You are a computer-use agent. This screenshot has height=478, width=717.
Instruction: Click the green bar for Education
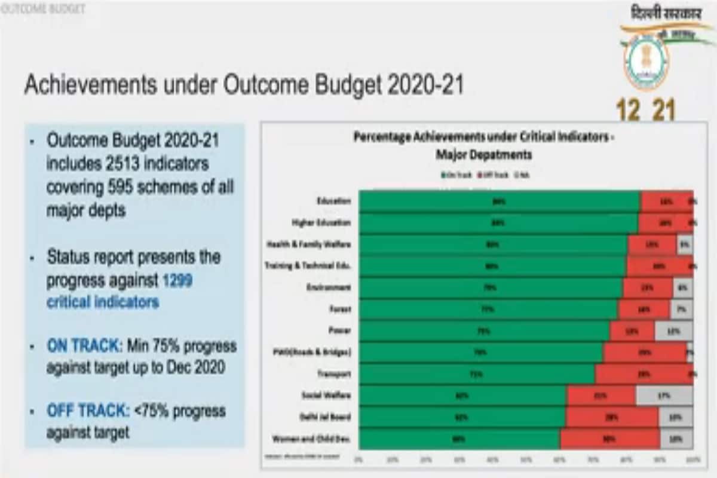click(500, 201)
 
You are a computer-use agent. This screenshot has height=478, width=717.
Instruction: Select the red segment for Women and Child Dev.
click(609, 439)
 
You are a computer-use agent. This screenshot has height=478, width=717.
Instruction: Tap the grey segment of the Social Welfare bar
click(664, 396)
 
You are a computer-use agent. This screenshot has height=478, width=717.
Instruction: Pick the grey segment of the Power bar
click(673, 330)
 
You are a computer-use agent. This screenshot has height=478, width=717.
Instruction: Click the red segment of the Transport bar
click(644, 374)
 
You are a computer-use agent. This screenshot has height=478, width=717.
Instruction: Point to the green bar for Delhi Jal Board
click(462, 417)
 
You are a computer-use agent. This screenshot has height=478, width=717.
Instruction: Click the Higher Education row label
click(321, 223)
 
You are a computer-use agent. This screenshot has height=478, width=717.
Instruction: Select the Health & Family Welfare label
click(308, 244)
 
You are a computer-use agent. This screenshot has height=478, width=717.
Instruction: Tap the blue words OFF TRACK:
click(87, 411)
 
